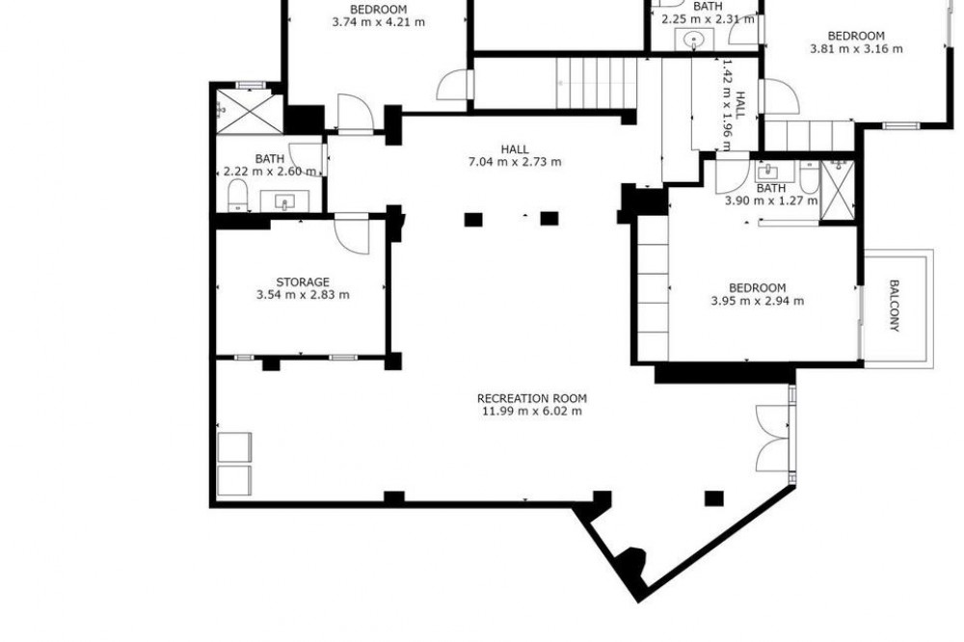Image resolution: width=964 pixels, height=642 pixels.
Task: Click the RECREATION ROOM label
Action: [x=532, y=398]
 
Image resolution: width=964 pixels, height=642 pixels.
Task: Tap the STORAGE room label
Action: [x=303, y=282]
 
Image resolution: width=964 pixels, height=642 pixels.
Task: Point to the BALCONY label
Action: [x=895, y=306]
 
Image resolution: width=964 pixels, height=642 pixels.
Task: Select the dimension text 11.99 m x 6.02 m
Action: [x=532, y=412]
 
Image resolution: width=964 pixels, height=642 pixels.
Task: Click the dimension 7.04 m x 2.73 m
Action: [x=515, y=162]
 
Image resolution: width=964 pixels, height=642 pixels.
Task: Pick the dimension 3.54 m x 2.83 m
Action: [x=303, y=295]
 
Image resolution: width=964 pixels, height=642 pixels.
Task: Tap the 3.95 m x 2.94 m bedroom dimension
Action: [x=757, y=302]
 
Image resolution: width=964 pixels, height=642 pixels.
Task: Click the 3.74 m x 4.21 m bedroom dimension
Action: [x=378, y=23]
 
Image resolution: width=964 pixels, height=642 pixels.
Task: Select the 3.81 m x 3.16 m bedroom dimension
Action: [x=856, y=49]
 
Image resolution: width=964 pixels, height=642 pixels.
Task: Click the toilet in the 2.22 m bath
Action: [x=237, y=195]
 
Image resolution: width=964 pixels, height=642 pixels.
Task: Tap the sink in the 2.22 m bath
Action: [x=284, y=201]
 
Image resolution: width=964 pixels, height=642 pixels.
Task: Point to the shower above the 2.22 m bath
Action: [x=250, y=111]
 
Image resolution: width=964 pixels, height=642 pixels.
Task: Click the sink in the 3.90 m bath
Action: [x=768, y=171]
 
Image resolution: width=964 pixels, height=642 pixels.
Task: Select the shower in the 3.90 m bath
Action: [x=838, y=189]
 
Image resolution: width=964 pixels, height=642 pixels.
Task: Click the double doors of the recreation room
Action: [x=773, y=439]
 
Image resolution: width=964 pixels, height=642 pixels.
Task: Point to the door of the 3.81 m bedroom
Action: [x=781, y=96]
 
